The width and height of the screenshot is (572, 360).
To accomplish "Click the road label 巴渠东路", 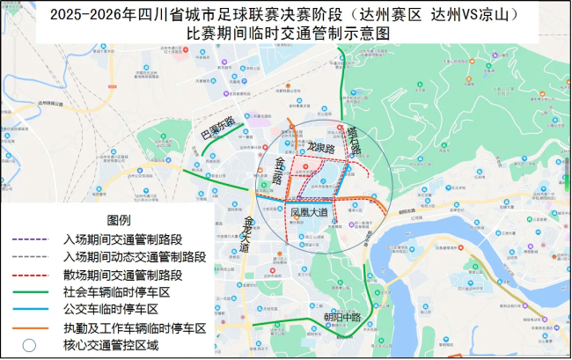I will click(216, 129).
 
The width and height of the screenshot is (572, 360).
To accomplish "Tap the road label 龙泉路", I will click(320, 149).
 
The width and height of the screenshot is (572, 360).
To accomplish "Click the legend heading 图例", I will click(119, 219).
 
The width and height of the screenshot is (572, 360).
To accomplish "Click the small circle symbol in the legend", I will click(29, 345).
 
